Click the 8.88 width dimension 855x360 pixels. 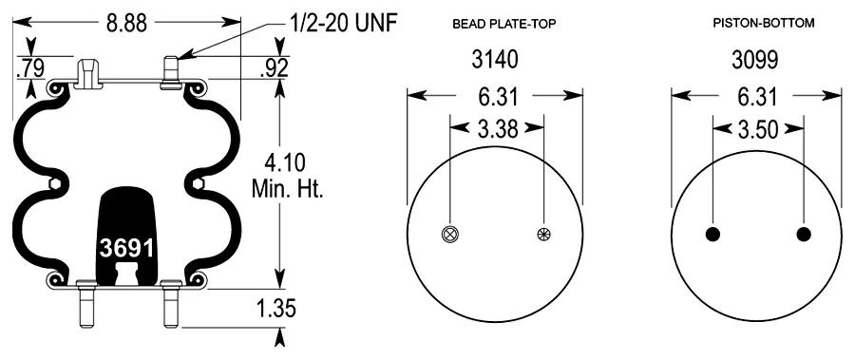point(126,23)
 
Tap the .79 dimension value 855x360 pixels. point(30,68)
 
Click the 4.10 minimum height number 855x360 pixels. point(285,163)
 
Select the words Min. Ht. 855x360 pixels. point(288,189)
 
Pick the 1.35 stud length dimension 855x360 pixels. point(275,309)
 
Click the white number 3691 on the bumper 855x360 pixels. point(126,248)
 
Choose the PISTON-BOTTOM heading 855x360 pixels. point(764,23)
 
